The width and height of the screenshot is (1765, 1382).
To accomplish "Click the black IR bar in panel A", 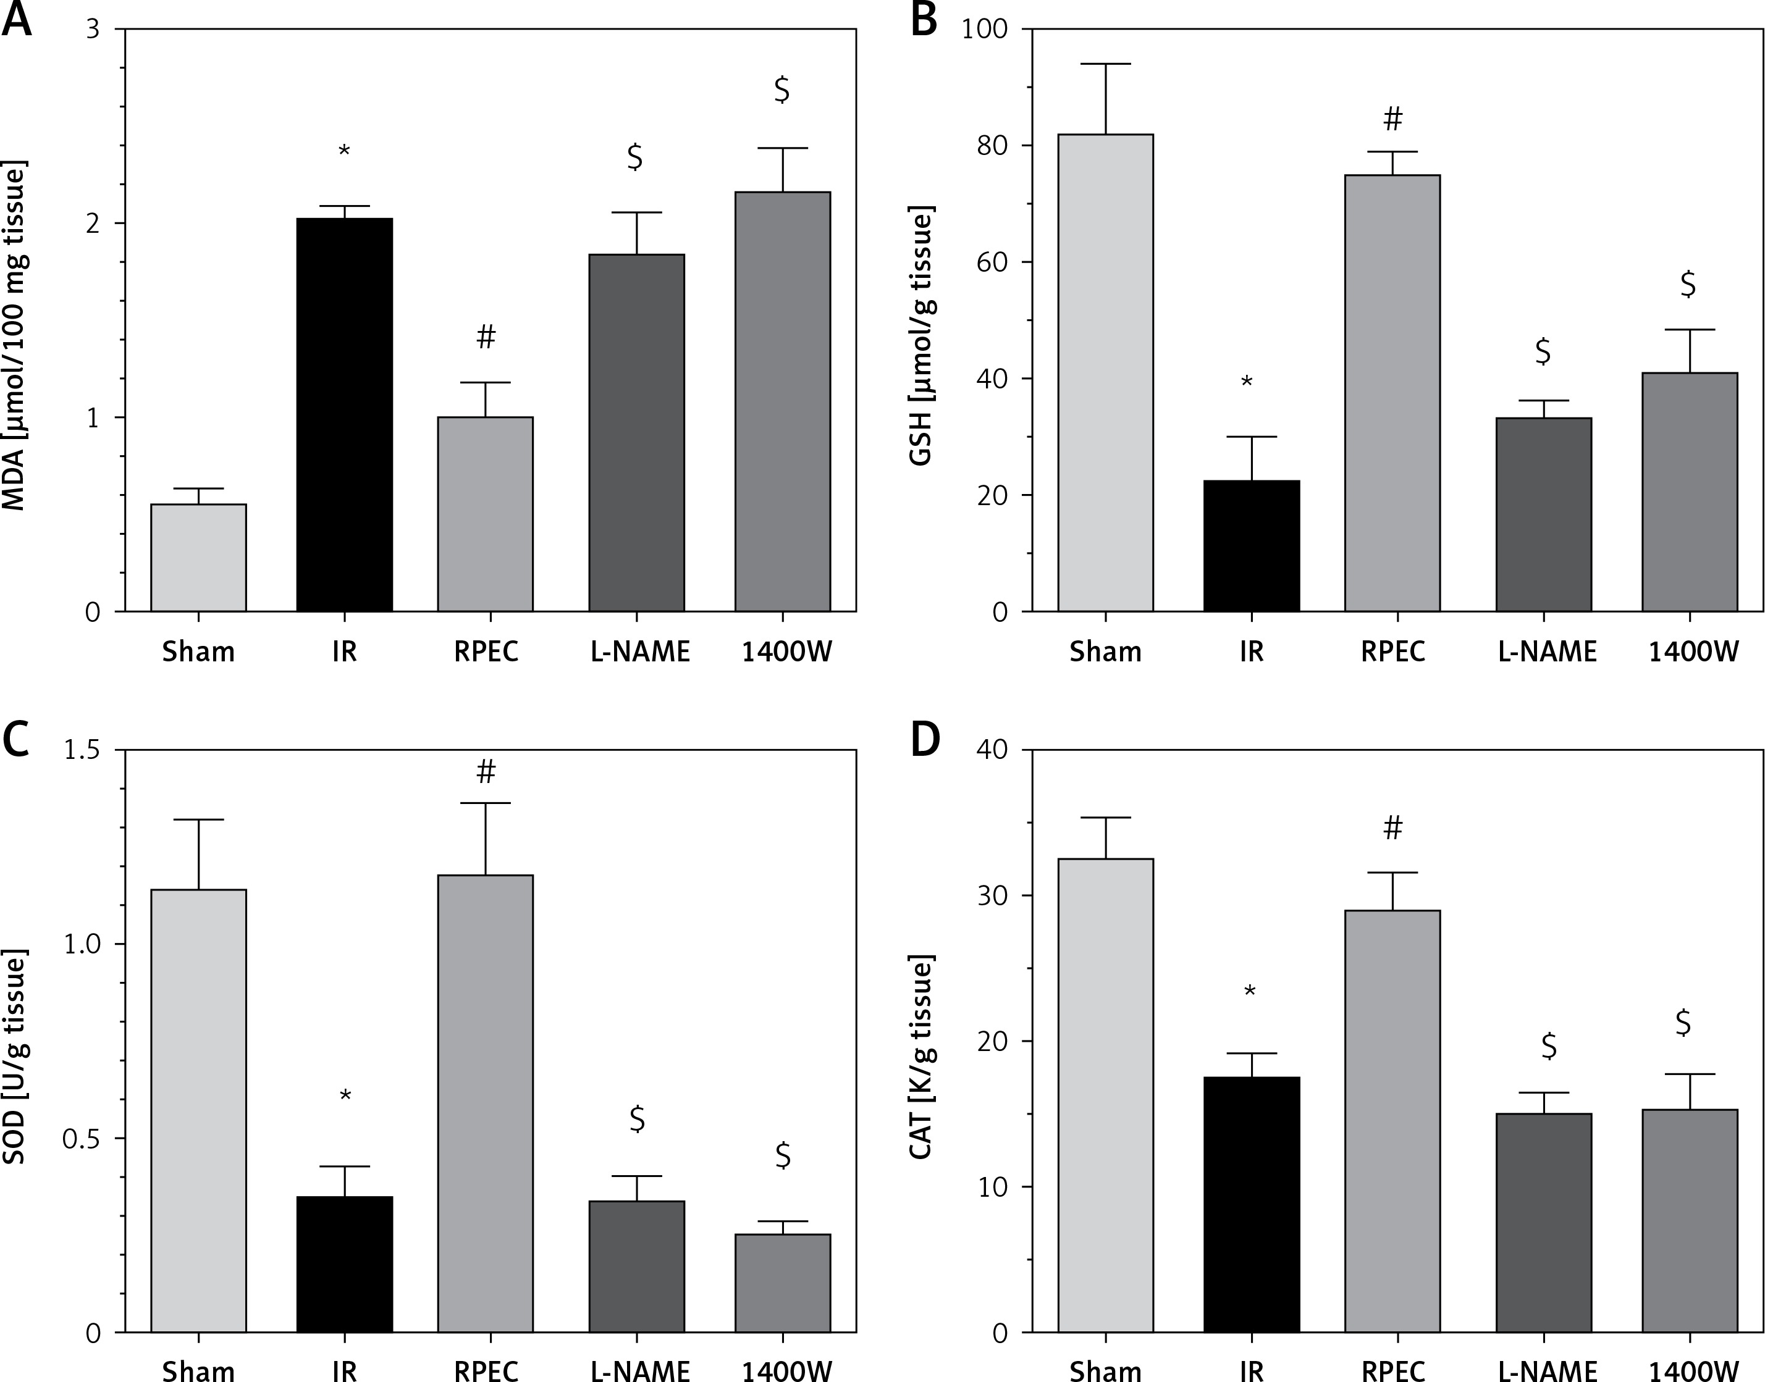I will point(345,414).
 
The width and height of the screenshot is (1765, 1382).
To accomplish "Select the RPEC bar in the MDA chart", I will point(486,514).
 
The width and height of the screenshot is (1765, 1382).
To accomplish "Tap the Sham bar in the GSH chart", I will point(1105,372).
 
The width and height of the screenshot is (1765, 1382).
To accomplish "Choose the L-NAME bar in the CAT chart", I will point(1544,1223).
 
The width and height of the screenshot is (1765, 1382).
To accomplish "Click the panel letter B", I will point(924,21).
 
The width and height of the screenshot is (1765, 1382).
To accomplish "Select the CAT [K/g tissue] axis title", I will point(922,1058).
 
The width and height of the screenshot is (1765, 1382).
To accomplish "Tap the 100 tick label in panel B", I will point(984,30).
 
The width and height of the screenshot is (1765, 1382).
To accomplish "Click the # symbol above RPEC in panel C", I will point(486,772).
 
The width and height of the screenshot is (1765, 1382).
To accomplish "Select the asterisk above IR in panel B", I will point(1247,382).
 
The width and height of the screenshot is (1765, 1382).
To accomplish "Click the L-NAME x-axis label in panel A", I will point(640,651).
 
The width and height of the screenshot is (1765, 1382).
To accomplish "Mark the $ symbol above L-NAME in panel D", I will point(1549,1045).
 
